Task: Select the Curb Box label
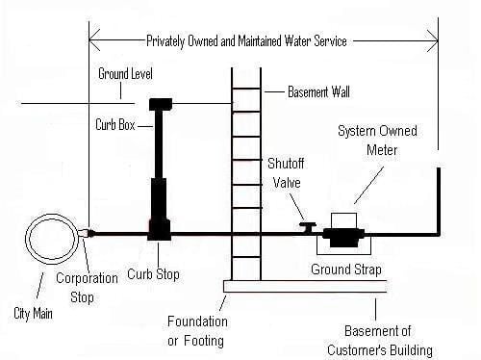pyautogui.click(x=116, y=124)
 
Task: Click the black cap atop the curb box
pyautogui.click(x=160, y=102)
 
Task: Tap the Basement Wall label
pyautogui.click(x=324, y=92)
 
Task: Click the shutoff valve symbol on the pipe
pyautogui.click(x=307, y=227)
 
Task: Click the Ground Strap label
pyautogui.click(x=344, y=269)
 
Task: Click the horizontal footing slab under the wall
pyautogui.click(x=304, y=286)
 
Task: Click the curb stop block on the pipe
pyautogui.click(x=160, y=232)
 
